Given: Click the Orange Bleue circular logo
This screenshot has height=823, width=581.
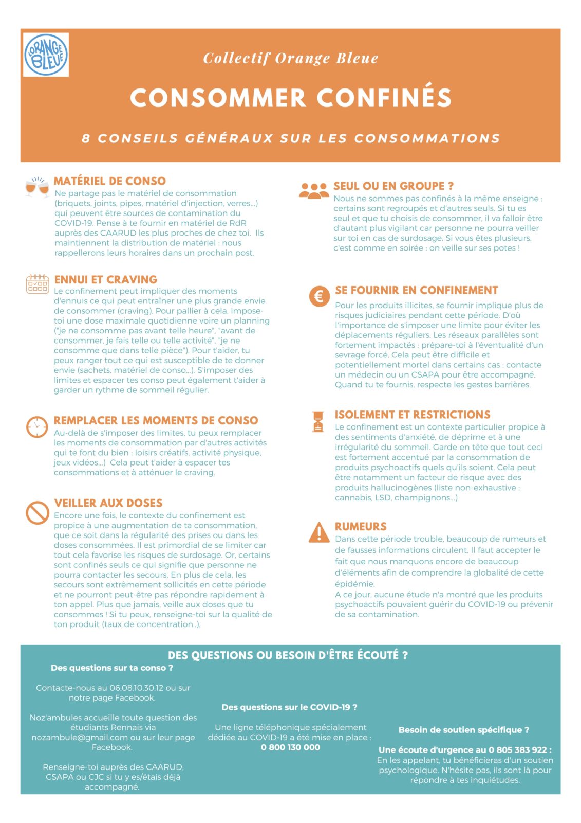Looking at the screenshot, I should point(46,55).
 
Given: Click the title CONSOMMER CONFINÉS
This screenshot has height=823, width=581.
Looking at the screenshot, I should point(291,97).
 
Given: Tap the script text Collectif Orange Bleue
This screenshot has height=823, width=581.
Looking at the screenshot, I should point(291,58).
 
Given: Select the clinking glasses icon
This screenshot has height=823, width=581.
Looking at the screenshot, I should point(37,187).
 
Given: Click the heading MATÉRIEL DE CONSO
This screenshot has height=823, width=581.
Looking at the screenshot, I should point(110,181).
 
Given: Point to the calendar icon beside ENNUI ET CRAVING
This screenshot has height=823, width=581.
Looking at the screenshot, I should point(37,284).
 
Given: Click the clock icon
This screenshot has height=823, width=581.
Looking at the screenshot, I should point(37,427).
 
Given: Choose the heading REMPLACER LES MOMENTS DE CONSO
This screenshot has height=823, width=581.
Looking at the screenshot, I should point(156,420).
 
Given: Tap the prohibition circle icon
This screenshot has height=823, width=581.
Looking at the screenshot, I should point(37,512).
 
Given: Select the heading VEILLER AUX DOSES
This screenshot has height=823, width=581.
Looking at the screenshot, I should point(108,503).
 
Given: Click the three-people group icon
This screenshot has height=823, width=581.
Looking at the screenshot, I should point(314,190).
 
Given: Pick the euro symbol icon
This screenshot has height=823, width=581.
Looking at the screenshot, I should point(319,296).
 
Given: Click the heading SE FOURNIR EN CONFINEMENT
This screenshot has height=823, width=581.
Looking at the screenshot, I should point(417,290).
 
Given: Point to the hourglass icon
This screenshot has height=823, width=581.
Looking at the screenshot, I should point(318,421).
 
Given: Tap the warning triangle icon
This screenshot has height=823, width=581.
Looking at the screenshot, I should point(319,532).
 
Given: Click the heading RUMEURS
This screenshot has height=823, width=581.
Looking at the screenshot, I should point(361,526).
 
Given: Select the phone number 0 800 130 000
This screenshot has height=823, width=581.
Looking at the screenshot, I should point(290,747).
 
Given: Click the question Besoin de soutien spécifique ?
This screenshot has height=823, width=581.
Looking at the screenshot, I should point(464,730).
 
